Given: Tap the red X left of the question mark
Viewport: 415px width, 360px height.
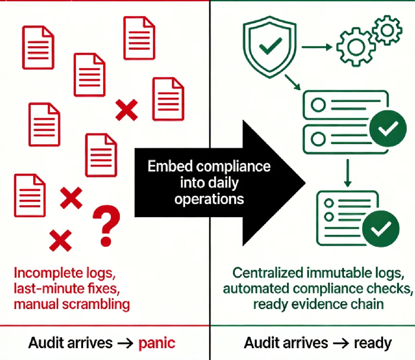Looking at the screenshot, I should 71,197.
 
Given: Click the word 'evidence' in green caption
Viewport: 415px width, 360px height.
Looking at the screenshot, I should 317,305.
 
